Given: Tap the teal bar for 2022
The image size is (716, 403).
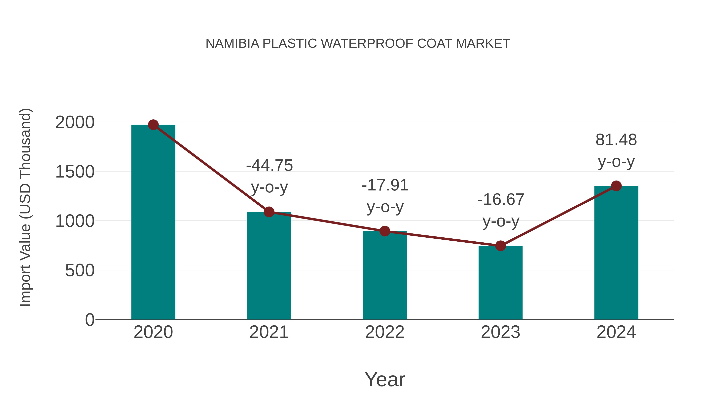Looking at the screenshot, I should click(x=385, y=275).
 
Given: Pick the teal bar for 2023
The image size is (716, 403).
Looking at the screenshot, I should click(x=500, y=284).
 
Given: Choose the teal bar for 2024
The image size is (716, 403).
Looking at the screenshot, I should click(x=616, y=253).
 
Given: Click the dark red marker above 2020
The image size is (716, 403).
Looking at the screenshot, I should click(x=153, y=125).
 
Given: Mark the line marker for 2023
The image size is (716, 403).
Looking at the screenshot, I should click(x=500, y=246).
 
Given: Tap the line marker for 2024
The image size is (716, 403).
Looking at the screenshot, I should click(x=616, y=186).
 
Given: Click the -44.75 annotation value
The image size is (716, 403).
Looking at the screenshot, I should click(x=269, y=166).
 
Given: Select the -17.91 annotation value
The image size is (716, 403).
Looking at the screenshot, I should click(x=385, y=185).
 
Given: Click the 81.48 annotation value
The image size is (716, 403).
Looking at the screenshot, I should click(x=616, y=140).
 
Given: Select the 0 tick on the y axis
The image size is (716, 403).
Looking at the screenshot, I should click(x=89, y=320).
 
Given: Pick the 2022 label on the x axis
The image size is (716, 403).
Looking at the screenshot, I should click(x=385, y=332).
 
